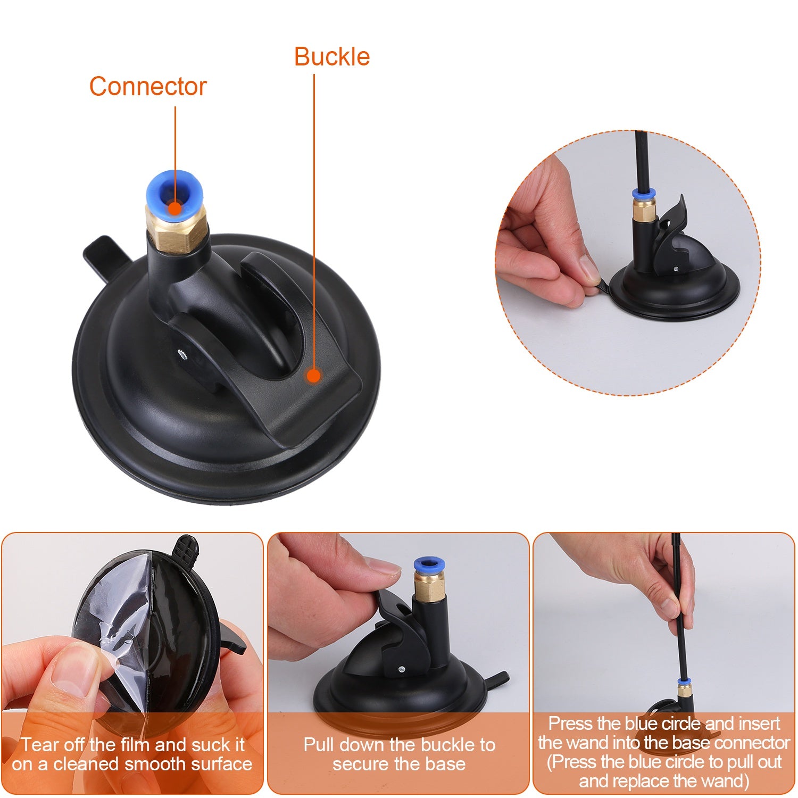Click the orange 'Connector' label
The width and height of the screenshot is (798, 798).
click(x=147, y=86)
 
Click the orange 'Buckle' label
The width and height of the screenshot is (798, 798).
click(x=332, y=56)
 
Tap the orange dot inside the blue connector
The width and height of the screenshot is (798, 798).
click(x=174, y=208)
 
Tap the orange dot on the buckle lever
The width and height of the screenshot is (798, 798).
click(x=314, y=376)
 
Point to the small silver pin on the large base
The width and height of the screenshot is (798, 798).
click(x=182, y=352)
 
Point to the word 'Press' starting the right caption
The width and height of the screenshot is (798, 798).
click(x=571, y=724)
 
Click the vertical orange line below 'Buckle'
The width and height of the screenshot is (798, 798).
click(x=314, y=213)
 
